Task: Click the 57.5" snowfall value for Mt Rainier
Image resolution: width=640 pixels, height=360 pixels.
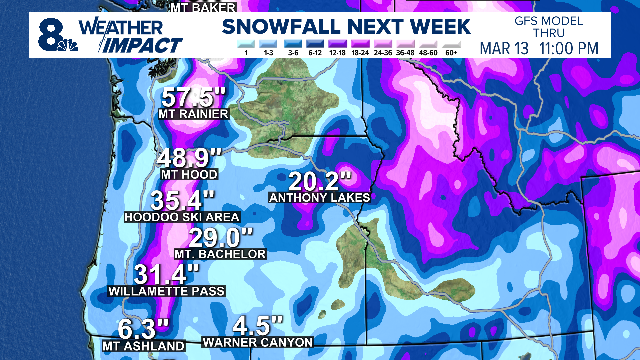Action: (197, 98)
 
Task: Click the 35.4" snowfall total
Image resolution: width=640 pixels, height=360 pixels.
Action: (170, 200)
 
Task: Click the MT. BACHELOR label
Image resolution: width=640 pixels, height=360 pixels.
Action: (221, 255)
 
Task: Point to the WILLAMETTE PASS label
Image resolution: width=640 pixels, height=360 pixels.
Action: (166, 292)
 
